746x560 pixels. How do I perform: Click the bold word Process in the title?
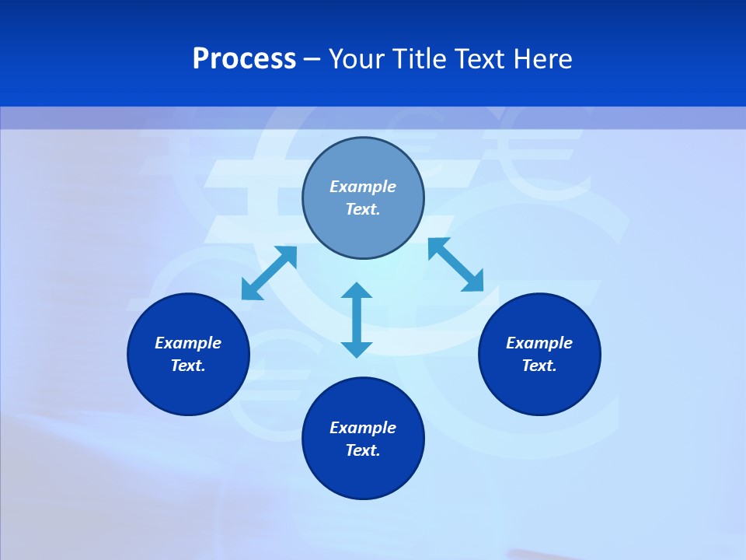[x=244, y=59]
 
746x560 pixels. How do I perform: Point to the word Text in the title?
[x=483, y=59]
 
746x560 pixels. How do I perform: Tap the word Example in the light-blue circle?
[x=363, y=187]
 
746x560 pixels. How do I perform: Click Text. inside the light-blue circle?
[x=363, y=209]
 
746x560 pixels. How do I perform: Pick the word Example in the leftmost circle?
[x=188, y=343]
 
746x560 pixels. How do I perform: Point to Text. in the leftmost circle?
[x=188, y=366]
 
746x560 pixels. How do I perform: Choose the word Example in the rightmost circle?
[x=539, y=343]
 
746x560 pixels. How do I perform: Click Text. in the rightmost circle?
[x=539, y=366]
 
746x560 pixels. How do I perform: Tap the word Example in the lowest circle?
[x=363, y=428]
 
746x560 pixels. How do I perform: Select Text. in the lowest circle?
[x=363, y=450]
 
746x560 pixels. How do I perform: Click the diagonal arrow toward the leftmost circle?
[x=269, y=273]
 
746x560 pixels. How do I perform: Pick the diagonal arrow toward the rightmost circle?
[x=456, y=264]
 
